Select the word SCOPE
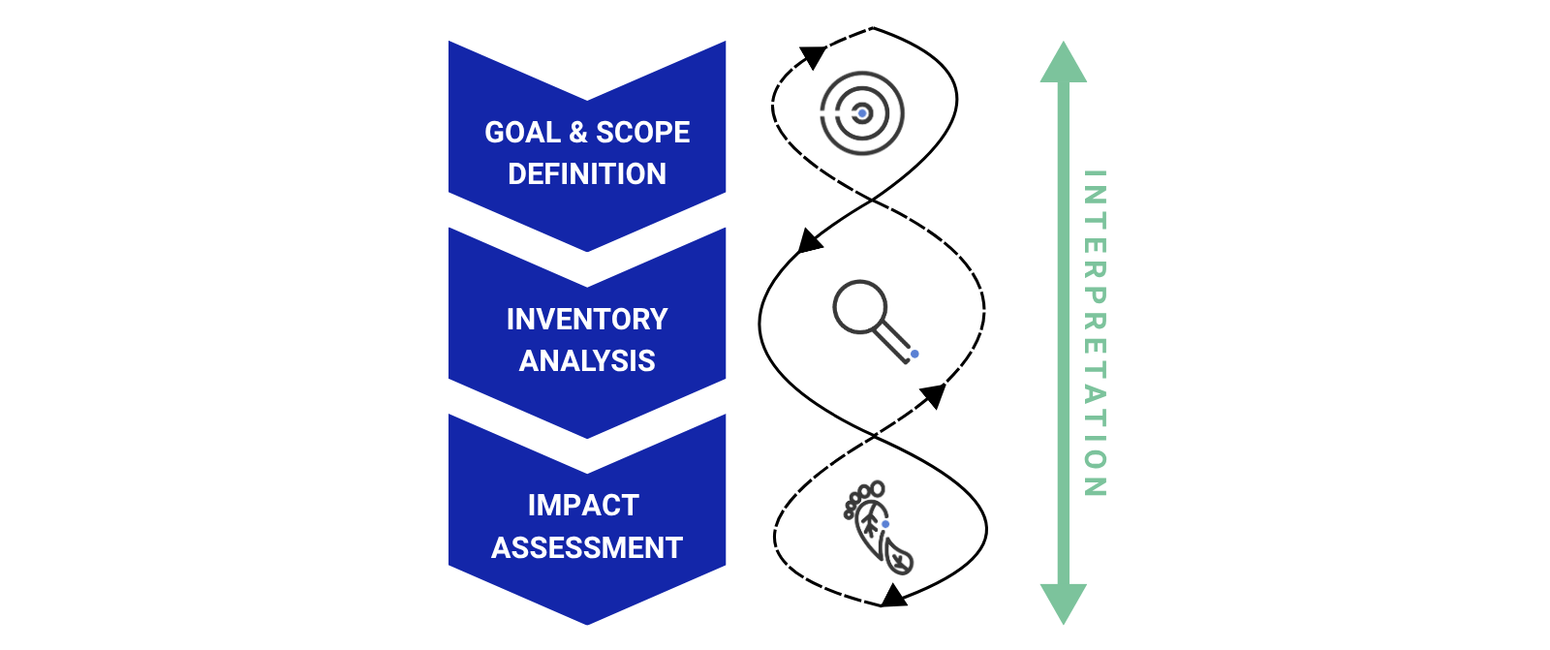(642, 133)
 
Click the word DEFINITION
(587, 174)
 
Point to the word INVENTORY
(587, 319)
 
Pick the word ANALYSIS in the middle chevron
(587, 360)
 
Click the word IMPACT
(583, 505)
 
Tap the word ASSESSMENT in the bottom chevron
(587, 547)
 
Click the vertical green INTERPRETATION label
(1094, 333)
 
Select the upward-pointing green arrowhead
(1064, 63)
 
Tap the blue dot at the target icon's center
(862, 113)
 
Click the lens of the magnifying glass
(859, 307)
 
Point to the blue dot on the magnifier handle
(914, 355)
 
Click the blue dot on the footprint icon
(885, 524)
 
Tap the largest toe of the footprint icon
(878, 488)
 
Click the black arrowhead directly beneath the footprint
(893, 595)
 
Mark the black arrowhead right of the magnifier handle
(934, 394)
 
